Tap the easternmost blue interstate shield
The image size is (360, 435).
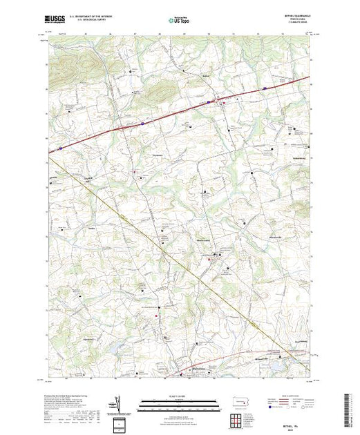pos(265,89)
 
